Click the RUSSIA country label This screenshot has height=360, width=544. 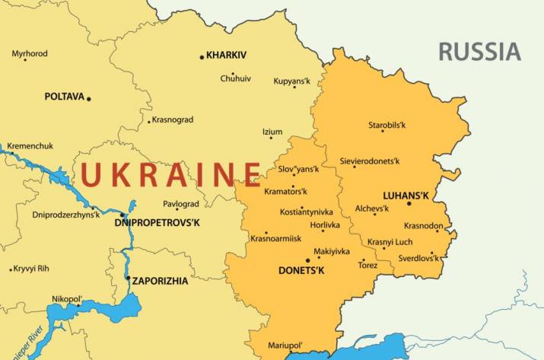click(x=479, y=52)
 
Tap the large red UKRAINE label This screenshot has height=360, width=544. click(x=171, y=174)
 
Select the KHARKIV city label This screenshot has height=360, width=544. click(x=227, y=56)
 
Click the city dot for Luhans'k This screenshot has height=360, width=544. click(x=409, y=203)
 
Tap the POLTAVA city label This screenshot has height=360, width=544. click(x=64, y=97)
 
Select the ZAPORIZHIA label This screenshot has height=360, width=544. click(x=160, y=281)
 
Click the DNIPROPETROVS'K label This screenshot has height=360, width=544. click(x=157, y=223)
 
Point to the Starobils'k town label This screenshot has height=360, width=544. click(x=387, y=125)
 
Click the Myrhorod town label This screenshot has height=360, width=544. click(x=30, y=54)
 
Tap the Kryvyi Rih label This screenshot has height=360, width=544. click(x=33, y=269)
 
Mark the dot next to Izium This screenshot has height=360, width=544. click(x=270, y=138)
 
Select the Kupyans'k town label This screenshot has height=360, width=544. click(x=292, y=80)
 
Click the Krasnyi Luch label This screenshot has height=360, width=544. click(x=390, y=242)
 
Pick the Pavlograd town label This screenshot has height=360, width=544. click(x=181, y=204)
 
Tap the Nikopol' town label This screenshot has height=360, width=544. click(x=67, y=299)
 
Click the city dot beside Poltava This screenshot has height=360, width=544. click(x=88, y=98)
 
